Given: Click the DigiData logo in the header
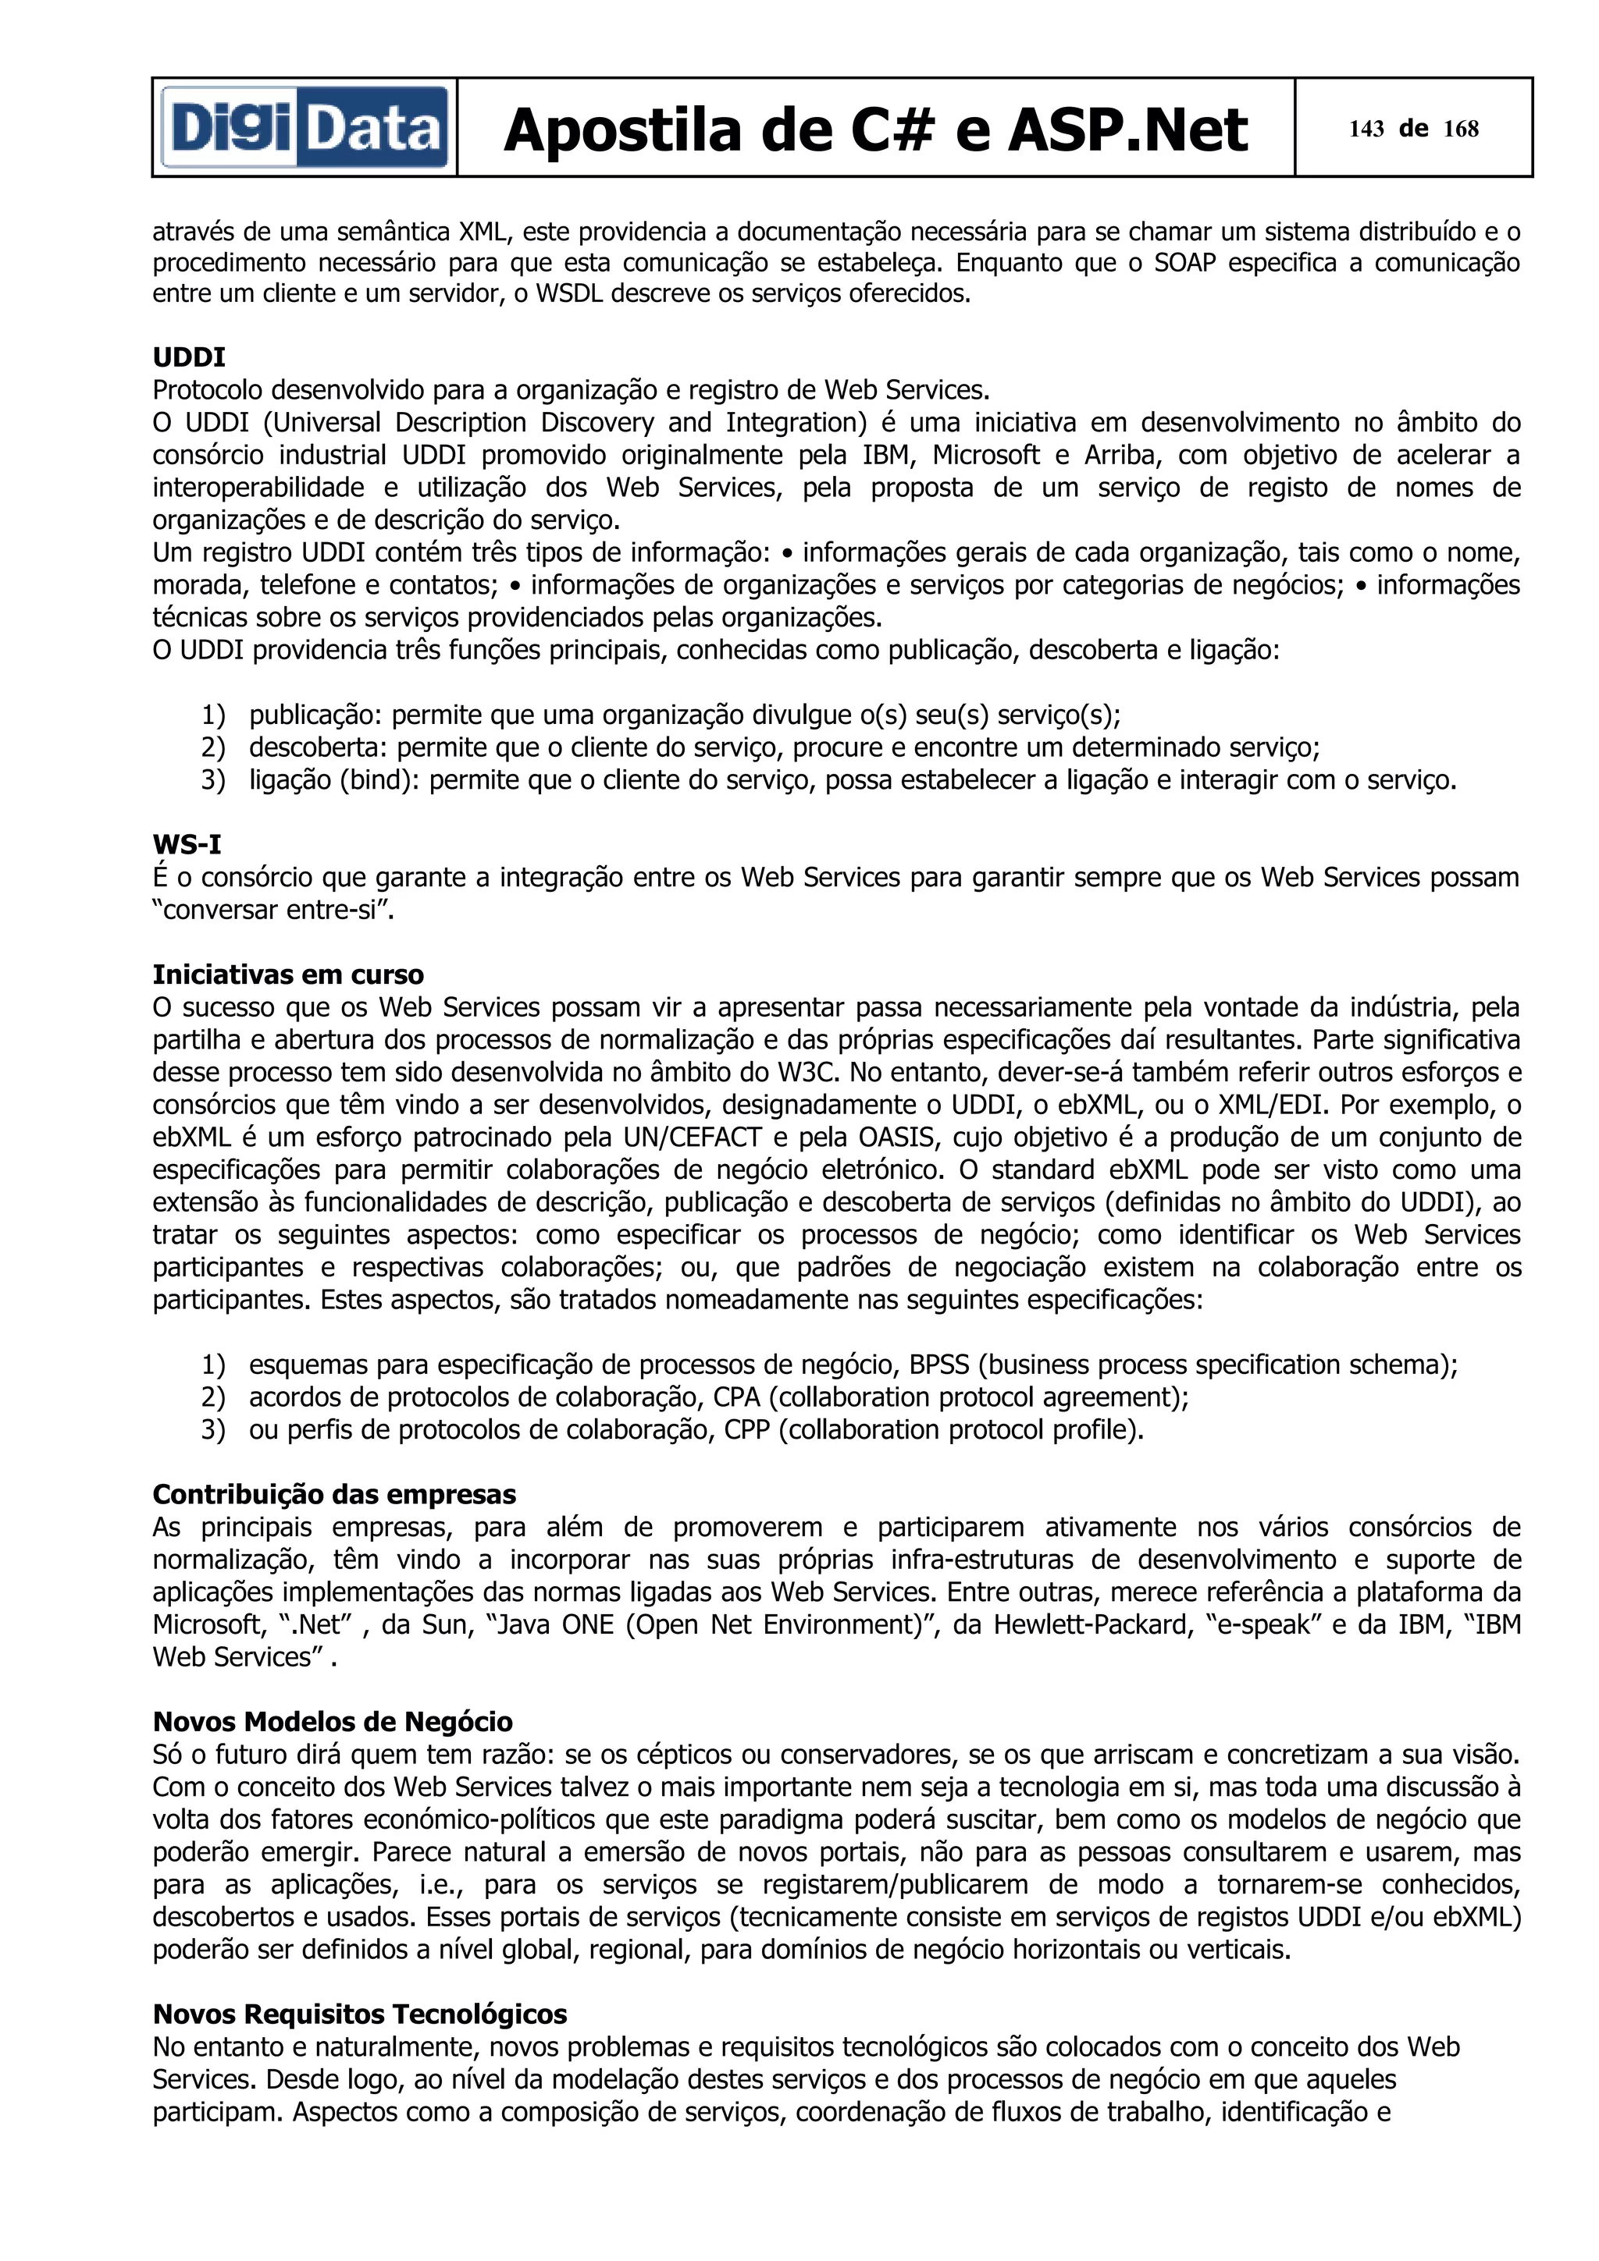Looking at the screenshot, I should [x=305, y=128].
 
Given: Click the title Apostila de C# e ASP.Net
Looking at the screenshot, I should [x=875, y=130].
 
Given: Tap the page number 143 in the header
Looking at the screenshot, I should [x=1366, y=129].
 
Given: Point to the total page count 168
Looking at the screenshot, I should [x=1461, y=129].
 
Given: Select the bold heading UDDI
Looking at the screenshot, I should [x=188, y=357].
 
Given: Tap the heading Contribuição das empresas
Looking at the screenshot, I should [x=334, y=1494].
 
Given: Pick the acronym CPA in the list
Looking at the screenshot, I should [x=736, y=1397].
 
